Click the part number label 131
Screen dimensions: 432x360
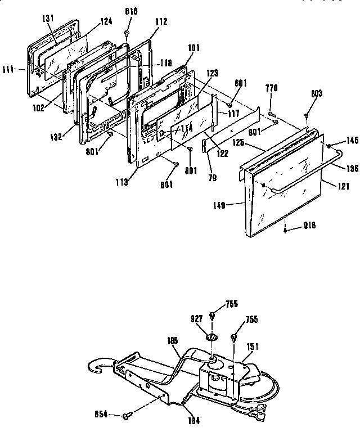[x=48, y=18]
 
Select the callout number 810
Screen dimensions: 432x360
[x=131, y=12]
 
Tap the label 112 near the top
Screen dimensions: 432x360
[x=161, y=22]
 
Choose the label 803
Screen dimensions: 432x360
[x=316, y=94]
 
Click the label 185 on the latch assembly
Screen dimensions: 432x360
[x=173, y=340]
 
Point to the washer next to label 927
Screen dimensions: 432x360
[x=213, y=336]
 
